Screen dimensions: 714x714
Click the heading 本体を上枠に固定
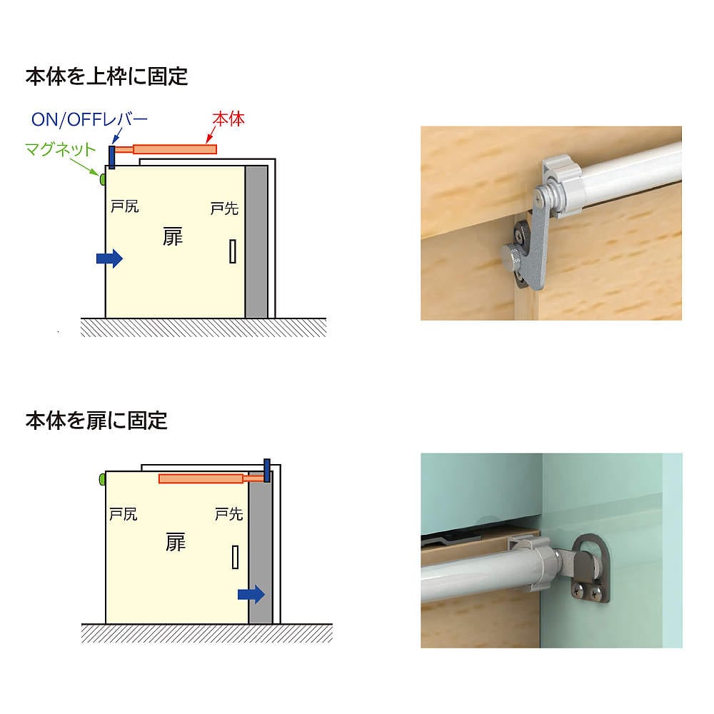point(106,76)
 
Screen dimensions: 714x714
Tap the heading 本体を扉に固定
point(96,421)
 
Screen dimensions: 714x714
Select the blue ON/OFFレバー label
point(89,119)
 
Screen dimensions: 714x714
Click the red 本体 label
point(228,119)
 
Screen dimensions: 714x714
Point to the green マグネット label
point(60,149)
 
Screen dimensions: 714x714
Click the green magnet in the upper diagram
point(102,179)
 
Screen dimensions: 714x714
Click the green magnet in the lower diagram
point(102,479)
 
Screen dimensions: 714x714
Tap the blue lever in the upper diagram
point(112,157)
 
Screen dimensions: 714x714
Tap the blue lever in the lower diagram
point(267,471)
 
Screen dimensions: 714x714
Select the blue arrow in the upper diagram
point(109,258)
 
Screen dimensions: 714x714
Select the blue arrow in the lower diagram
point(251,594)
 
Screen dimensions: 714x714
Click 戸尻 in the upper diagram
point(124,206)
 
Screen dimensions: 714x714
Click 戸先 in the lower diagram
point(228,514)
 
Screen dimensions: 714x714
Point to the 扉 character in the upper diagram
point(173,237)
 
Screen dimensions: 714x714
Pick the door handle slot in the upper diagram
point(233,251)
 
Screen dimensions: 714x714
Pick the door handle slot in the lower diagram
point(236,557)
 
